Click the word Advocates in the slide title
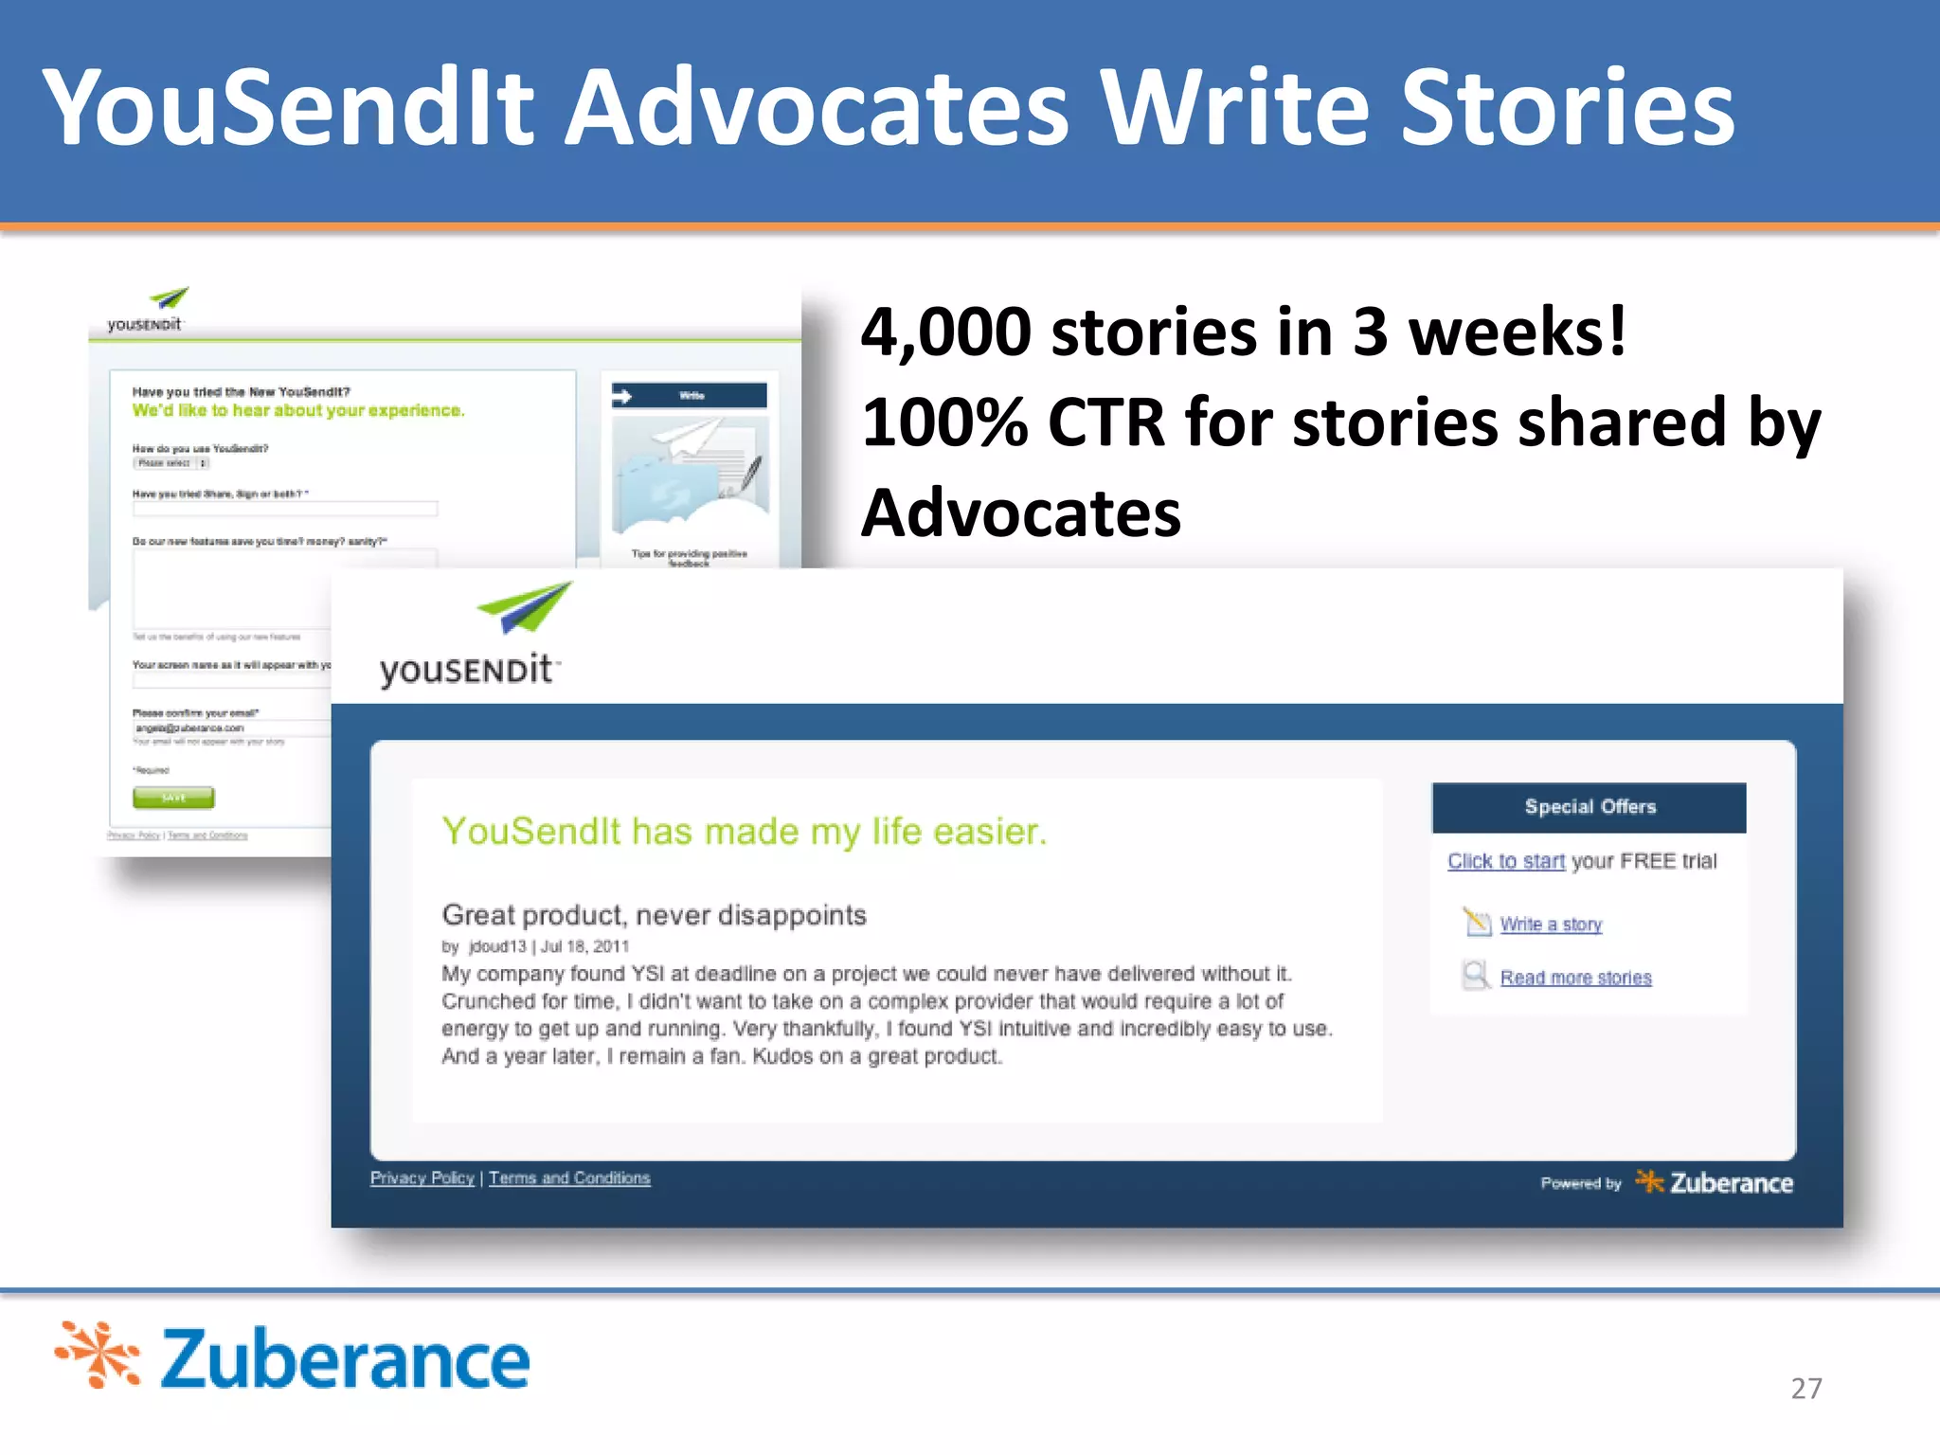(817, 109)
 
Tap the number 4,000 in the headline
(945, 332)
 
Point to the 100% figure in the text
(944, 422)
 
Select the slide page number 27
(1805, 1388)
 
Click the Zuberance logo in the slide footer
(293, 1358)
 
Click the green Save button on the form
(173, 798)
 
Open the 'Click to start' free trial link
(1505, 861)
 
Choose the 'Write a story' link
(1551, 925)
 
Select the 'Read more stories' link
(1575, 978)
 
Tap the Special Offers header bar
(1589, 807)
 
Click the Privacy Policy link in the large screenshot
(422, 1177)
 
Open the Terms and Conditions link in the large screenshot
(569, 1177)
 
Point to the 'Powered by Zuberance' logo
(1666, 1182)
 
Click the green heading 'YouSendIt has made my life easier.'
(744, 831)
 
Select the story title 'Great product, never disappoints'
(654, 915)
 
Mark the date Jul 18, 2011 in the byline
(584, 946)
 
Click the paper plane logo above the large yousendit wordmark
(526, 607)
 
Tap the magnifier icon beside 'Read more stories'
(1475, 976)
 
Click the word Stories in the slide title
(1567, 109)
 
